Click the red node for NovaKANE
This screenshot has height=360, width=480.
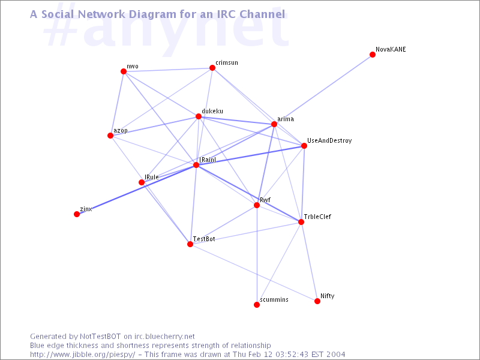tap(373, 55)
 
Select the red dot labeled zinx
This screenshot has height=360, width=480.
tap(77, 214)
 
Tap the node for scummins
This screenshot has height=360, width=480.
tap(257, 305)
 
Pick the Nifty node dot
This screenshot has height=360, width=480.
tap(317, 301)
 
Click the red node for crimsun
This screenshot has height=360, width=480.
tap(212, 68)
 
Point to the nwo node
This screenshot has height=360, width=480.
tap(124, 71)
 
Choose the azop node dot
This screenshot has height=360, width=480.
tap(110, 136)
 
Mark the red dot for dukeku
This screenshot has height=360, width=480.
tap(199, 116)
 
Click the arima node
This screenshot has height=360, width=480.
tap(274, 124)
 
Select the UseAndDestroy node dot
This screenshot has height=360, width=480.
tap(304, 146)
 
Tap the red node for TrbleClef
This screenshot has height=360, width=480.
tap(301, 221)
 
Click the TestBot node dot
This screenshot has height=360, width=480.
tap(190, 244)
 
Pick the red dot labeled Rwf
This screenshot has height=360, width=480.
tap(257, 205)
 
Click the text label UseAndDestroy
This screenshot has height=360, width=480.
tap(329, 140)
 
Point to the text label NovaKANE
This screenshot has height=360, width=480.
tap(391, 49)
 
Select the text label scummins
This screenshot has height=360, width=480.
tap(274, 299)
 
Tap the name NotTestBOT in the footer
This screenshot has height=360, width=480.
tap(100, 337)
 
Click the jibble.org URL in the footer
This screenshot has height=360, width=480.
tap(82, 355)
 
